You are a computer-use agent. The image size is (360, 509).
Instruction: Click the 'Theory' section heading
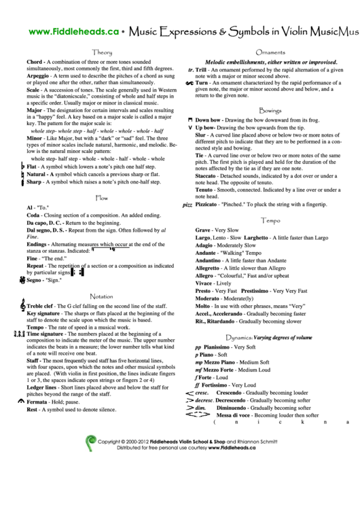pos(102,52)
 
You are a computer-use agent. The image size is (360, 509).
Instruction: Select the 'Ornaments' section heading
pos(270,52)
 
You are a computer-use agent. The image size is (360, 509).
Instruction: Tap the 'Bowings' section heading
pos(270,110)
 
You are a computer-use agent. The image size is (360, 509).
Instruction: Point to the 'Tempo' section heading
pos(270,221)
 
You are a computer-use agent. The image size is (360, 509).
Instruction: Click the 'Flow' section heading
pos(102,198)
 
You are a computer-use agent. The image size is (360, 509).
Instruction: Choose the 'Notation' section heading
pos(102,296)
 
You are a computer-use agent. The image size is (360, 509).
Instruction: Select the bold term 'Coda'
pos(34,215)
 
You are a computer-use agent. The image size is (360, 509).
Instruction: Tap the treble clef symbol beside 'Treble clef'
pos(21,306)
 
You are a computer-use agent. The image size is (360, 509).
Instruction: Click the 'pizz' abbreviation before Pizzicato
pos(187,205)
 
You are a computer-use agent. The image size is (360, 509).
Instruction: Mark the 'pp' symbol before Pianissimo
pos(198,347)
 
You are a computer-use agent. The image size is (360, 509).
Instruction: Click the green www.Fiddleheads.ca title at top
pos(66,31)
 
